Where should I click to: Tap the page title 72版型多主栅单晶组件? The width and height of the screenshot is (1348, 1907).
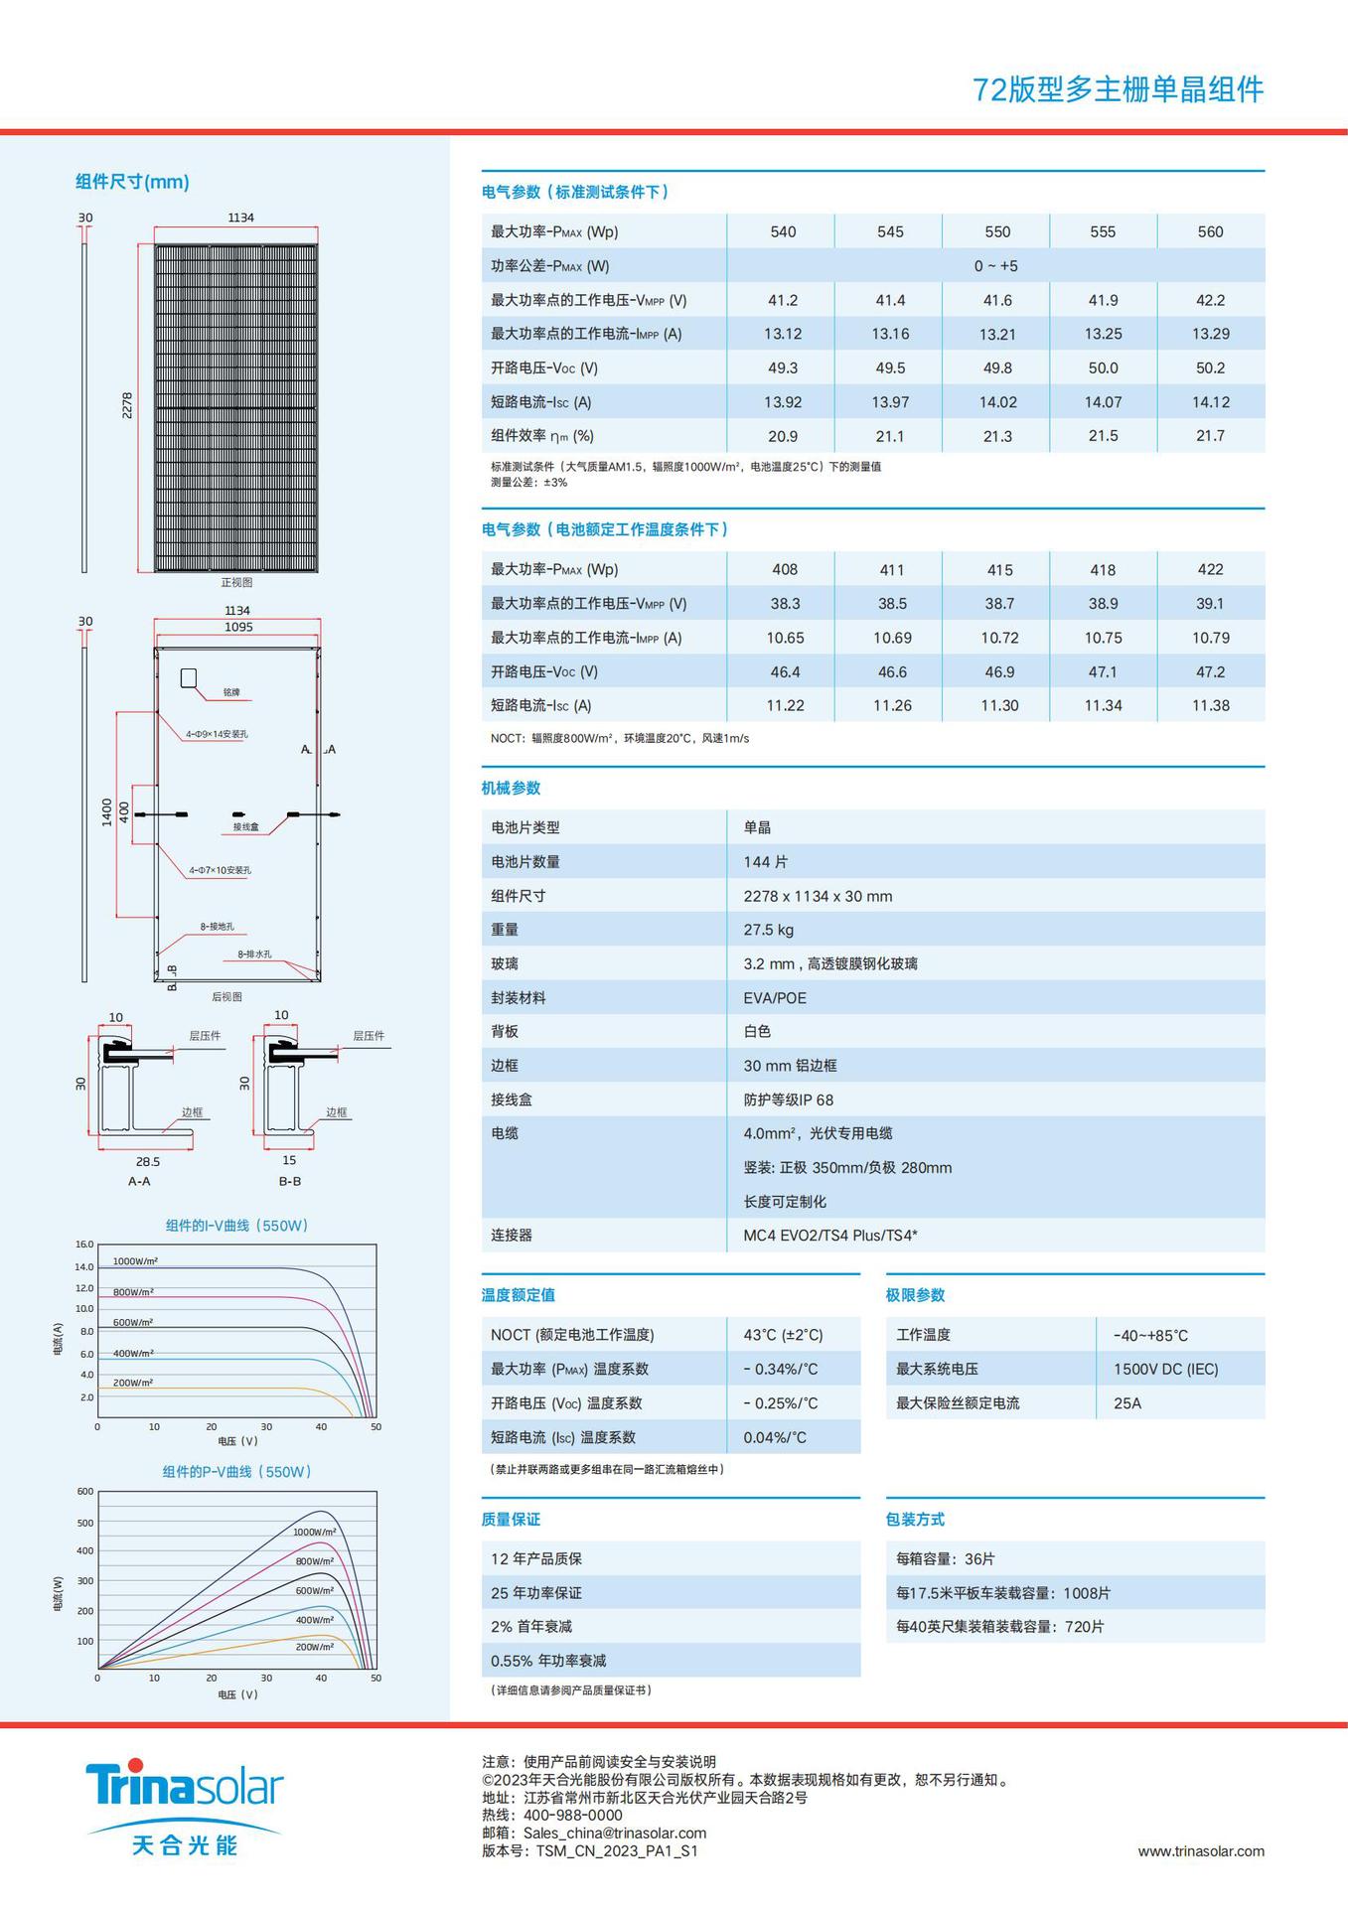pyautogui.click(x=1118, y=90)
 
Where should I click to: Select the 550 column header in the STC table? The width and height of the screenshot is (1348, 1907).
pyautogui.click(x=997, y=231)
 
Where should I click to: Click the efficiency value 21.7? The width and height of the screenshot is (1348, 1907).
pyautogui.click(x=1210, y=436)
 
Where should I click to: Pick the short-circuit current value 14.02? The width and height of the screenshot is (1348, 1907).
pyautogui.click(x=997, y=402)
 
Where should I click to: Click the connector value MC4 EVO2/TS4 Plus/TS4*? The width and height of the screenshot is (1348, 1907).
pyautogui.click(x=830, y=1236)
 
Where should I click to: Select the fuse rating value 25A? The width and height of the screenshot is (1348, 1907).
pyautogui.click(x=1127, y=1403)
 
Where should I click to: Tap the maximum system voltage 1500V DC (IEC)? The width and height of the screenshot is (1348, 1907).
pyautogui.click(x=1165, y=1370)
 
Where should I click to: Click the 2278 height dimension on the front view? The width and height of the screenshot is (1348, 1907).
pyautogui.click(x=127, y=405)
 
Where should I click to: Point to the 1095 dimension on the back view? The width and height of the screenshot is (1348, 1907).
pyautogui.click(x=238, y=628)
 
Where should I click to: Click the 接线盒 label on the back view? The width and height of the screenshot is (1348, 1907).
pyautogui.click(x=246, y=826)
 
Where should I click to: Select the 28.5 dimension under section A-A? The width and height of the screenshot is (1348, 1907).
pyautogui.click(x=148, y=1161)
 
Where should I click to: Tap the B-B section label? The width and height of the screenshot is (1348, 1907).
pyautogui.click(x=290, y=1181)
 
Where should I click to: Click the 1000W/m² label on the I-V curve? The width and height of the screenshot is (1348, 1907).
pyautogui.click(x=135, y=1261)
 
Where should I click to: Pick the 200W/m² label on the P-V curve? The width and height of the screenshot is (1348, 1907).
pyautogui.click(x=315, y=1647)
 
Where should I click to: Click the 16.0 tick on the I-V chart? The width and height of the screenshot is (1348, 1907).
pyautogui.click(x=84, y=1245)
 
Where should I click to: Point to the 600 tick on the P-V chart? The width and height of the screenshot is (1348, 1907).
pyautogui.click(x=85, y=1492)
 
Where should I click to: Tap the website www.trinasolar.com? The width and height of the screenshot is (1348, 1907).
pyautogui.click(x=1201, y=1851)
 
